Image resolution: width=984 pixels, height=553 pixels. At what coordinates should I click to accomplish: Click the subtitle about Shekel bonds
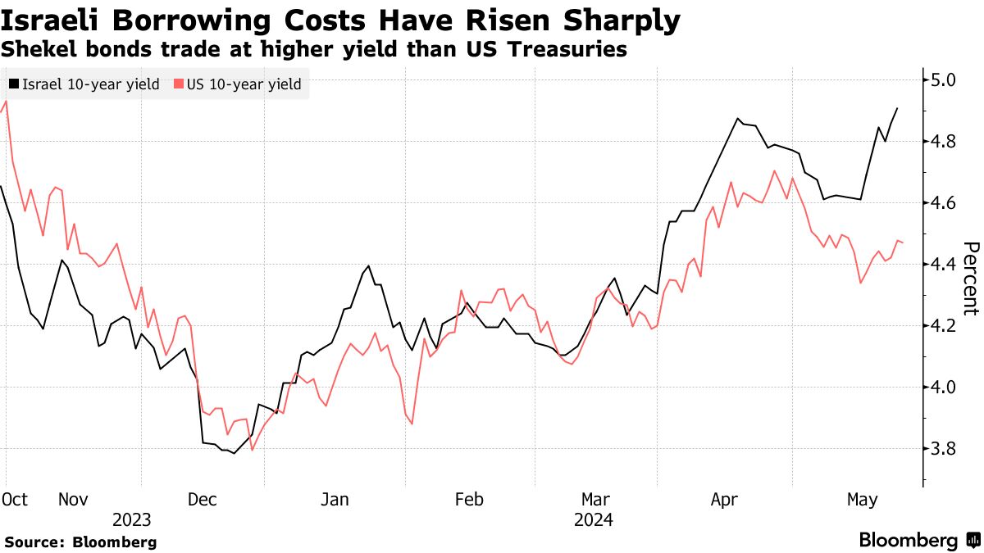(314, 50)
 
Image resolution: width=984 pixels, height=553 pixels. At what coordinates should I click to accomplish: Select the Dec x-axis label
(203, 499)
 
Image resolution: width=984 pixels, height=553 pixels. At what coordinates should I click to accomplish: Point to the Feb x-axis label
(468, 499)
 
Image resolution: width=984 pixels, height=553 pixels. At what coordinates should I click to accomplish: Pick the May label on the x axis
(862, 499)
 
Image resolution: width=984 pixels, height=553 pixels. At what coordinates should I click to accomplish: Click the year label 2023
(132, 519)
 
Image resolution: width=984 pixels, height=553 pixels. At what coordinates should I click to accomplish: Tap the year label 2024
(594, 519)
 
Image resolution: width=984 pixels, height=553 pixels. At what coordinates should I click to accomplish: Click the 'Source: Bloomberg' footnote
(80, 542)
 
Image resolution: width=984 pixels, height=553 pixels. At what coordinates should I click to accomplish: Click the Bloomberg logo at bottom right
(918, 541)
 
